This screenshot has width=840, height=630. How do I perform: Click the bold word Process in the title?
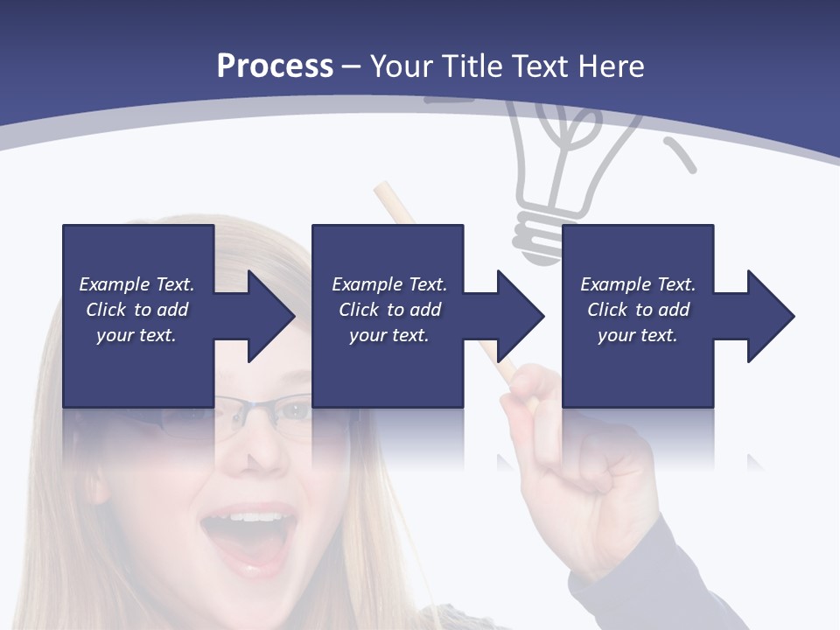275,66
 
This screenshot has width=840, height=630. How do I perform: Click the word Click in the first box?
106,310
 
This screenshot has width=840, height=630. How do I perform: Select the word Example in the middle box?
365,284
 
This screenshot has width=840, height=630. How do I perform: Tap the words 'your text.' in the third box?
637,335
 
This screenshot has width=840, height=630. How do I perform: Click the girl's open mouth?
247,535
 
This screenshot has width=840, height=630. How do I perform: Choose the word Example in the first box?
113,284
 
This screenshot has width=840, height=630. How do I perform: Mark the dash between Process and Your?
351,66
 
